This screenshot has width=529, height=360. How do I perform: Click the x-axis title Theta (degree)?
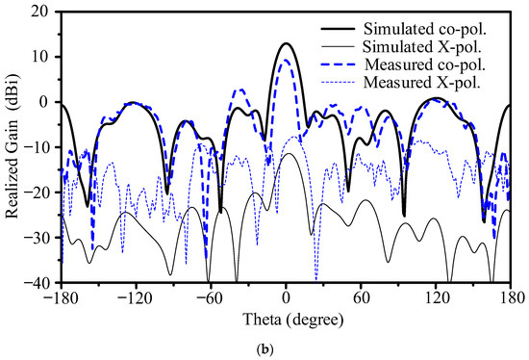286,316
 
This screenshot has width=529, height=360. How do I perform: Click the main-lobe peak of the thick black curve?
286,43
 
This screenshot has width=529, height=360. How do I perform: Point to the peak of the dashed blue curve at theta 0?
286,61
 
